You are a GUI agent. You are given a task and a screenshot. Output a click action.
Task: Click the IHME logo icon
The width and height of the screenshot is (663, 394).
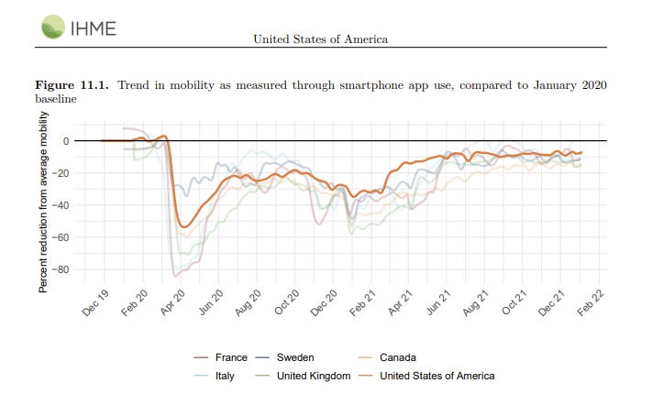point(52,27)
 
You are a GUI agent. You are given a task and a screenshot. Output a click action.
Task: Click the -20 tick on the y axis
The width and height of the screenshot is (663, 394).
point(61,173)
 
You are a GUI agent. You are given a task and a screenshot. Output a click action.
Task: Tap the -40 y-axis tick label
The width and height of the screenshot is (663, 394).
point(61,205)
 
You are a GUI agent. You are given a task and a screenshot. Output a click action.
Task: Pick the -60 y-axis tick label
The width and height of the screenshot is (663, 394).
point(61,238)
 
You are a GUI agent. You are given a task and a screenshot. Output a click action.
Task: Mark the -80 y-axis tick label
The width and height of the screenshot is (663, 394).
point(61,270)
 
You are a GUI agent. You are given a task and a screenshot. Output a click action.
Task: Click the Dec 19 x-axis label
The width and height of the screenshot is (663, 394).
point(96,301)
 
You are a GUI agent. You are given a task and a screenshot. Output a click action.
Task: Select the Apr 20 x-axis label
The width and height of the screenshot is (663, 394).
point(172,301)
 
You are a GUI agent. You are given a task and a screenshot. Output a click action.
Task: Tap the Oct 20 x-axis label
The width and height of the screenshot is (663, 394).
point(287,301)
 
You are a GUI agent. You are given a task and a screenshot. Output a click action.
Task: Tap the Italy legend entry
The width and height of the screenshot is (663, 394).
point(224,376)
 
